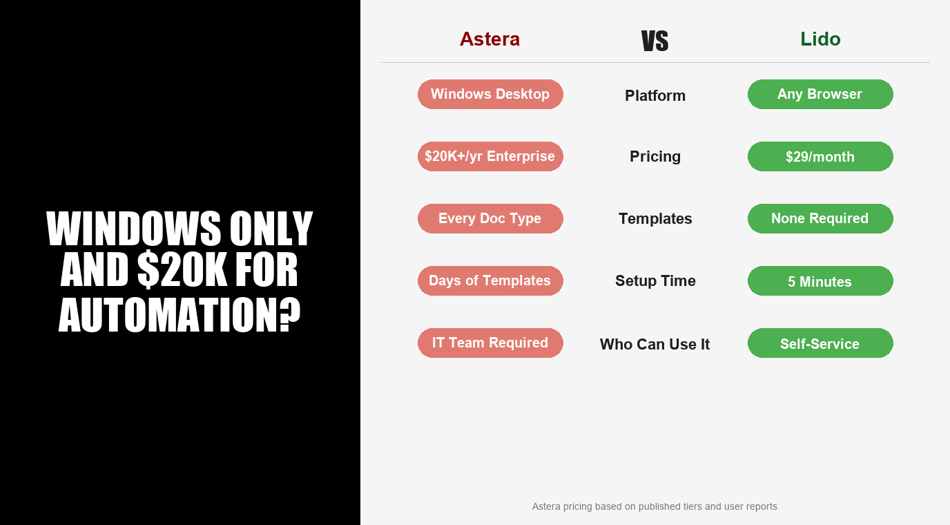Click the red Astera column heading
[x=489, y=39]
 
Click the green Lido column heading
[x=820, y=39]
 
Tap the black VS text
[x=655, y=41]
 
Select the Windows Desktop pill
[x=490, y=94]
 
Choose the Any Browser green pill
[x=820, y=94]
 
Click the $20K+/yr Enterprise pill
[x=490, y=156]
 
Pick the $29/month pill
[x=820, y=157]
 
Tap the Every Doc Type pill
[x=490, y=218]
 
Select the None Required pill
[x=820, y=218]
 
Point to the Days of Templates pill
[x=490, y=280]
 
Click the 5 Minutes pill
[x=820, y=281]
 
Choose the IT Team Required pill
[x=490, y=343]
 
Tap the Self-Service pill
[x=820, y=343]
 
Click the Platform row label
[x=655, y=95]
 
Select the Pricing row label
[x=655, y=157]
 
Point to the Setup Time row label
[x=655, y=281]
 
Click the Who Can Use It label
[x=655, y=344]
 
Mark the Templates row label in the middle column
[x=655, y=219]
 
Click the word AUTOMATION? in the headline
[x=180, y=315]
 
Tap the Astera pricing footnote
[x=655, y=506]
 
